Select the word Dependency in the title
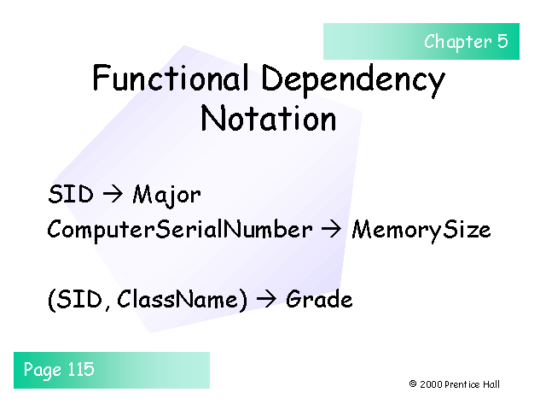click(353, 81)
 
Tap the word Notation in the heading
click(268, 119)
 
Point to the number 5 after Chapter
click(502, 41)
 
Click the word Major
click(167, 195)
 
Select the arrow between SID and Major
click(113, 195)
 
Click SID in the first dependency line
click(71, 195)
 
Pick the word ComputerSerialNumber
click(180, 230)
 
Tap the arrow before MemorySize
click(332, 230)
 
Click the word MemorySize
click(421, 230)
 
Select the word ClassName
click(181, 300)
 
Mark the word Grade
click(319, 300)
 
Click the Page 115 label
click(59, 370)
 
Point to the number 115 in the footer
click(81, 370)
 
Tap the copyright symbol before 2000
click(413, 384)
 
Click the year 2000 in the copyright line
click(430, 384)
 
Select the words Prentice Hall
click(473, 384)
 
